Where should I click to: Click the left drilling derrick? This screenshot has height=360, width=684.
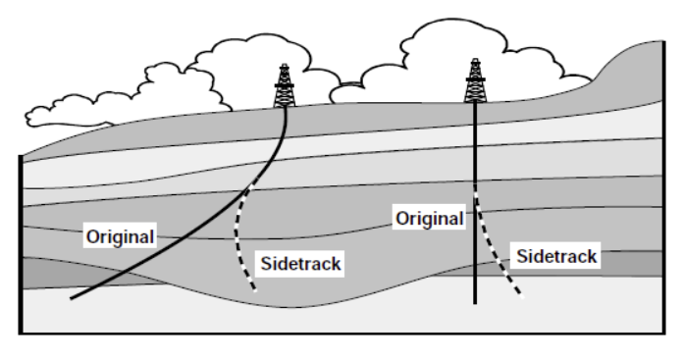coord(286,86)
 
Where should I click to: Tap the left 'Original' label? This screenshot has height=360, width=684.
coord(120,236)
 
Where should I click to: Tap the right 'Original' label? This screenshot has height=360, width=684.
coord(429,218)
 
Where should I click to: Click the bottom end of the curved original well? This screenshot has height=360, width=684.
coord(72,297)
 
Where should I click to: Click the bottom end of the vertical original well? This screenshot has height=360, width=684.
coord(476,302)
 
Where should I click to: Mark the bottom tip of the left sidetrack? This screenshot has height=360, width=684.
coord(255,290)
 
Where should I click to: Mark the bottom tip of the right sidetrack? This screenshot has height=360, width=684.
coord(521,296)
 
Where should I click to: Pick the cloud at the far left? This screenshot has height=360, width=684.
coord(69,108)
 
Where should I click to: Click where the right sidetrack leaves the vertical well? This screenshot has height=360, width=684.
coord(476,188)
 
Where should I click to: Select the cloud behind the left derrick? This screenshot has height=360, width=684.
coord(236,69)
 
